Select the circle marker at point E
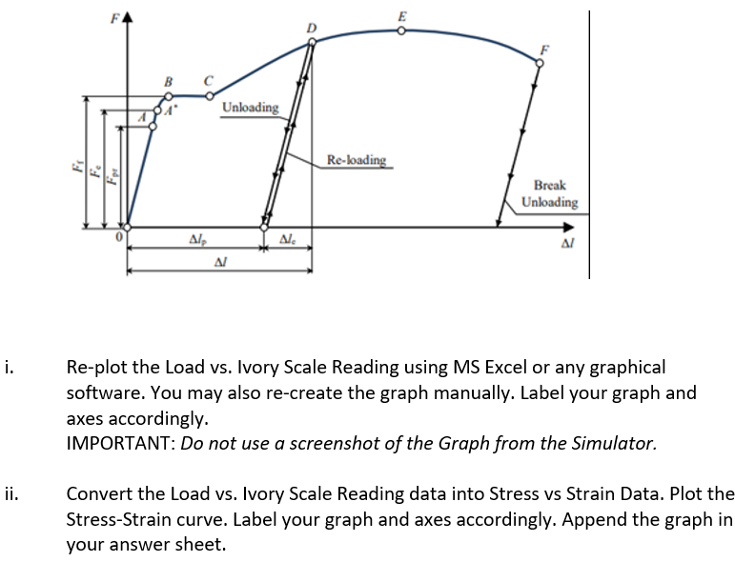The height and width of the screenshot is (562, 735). pyautogui.click(x=401, y=30)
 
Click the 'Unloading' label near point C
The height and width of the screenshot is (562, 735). pyautogui.click(x=250, y=107)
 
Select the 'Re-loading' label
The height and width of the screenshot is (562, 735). pyautogui.click(x=357, y=159)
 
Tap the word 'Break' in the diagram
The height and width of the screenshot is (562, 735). pyautogui.click(x=550, y=185)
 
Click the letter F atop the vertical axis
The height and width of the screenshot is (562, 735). pyautogui.click(x=116, y=16)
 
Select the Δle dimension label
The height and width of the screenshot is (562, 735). pyautogui.click(x=288, y=238)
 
